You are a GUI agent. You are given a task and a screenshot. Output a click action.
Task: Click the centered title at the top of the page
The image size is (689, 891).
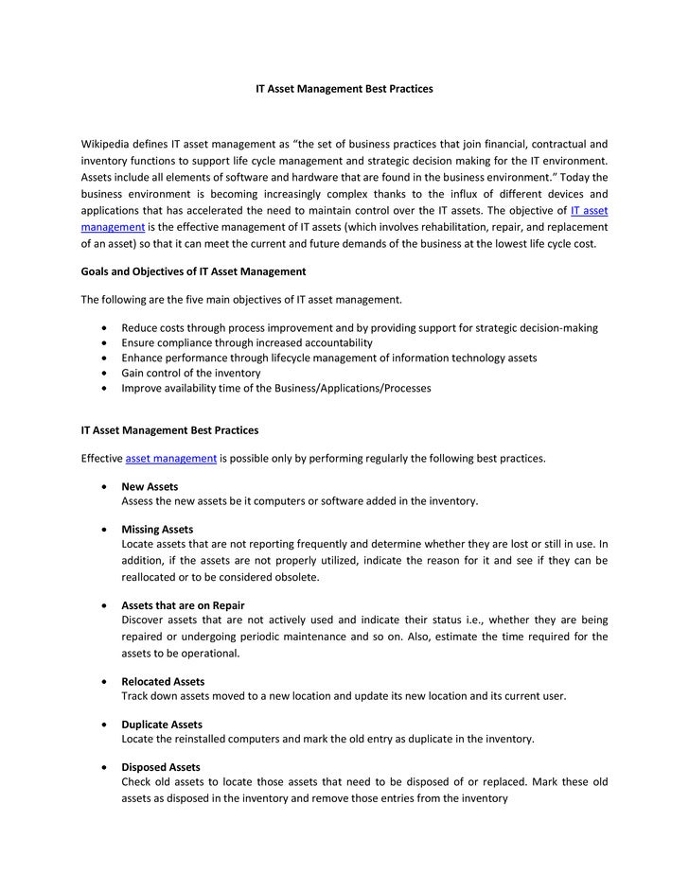pos(344,88)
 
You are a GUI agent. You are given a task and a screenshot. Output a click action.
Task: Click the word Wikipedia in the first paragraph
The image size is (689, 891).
pos(110,145)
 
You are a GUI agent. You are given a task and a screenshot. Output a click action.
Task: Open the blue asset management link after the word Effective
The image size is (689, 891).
pos(171,459)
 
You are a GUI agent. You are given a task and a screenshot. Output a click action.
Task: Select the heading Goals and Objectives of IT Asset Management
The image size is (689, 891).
pos(193,271)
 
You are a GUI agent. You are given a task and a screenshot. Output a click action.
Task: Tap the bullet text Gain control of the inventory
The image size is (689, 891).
pos(191,373)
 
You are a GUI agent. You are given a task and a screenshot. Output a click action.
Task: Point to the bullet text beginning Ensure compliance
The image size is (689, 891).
pos(247,342)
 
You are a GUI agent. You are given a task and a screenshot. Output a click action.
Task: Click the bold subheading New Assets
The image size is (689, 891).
pos(150,487)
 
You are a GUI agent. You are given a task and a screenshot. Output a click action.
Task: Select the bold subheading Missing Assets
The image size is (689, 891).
pos(157,530)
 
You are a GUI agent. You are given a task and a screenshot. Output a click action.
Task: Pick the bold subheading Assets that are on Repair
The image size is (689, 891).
pos(183,605)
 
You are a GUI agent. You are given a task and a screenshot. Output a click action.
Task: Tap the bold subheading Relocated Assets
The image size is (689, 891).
pos(163,681)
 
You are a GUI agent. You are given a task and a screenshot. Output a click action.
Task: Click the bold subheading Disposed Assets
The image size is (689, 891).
pos(161,767)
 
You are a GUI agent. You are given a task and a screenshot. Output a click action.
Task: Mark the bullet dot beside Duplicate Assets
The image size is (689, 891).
pos(102,725)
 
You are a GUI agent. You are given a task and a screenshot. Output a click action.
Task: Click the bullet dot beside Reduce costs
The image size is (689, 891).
pos(102,328)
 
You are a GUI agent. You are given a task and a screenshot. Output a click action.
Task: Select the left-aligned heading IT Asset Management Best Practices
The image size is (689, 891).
pos(169,430)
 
